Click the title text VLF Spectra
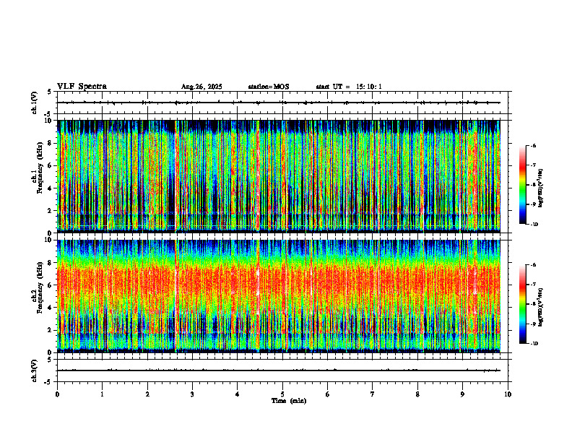coord(82,87)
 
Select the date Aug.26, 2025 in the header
coord(201,87)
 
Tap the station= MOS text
coord(269,87)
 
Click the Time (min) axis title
coord(288,401)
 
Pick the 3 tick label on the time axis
coord(192,394)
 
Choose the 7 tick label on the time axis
coord(372,394)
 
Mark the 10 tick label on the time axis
coord(508,394)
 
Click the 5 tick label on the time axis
coord(282,394)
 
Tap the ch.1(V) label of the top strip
coord(35,103)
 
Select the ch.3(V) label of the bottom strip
coord(35,370)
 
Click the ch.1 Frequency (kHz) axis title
coord(38,175)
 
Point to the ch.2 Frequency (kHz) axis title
coord(38,295)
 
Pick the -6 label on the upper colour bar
coord(534,146)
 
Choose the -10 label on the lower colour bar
coord(534,343)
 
